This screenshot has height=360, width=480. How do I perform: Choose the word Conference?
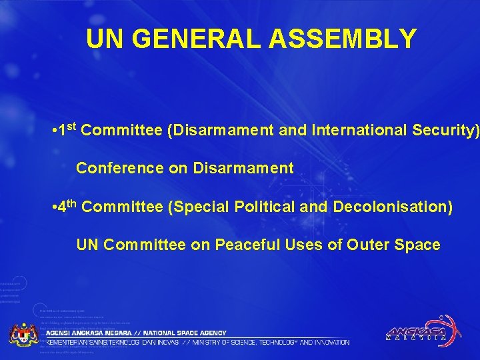coord(121,169)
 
